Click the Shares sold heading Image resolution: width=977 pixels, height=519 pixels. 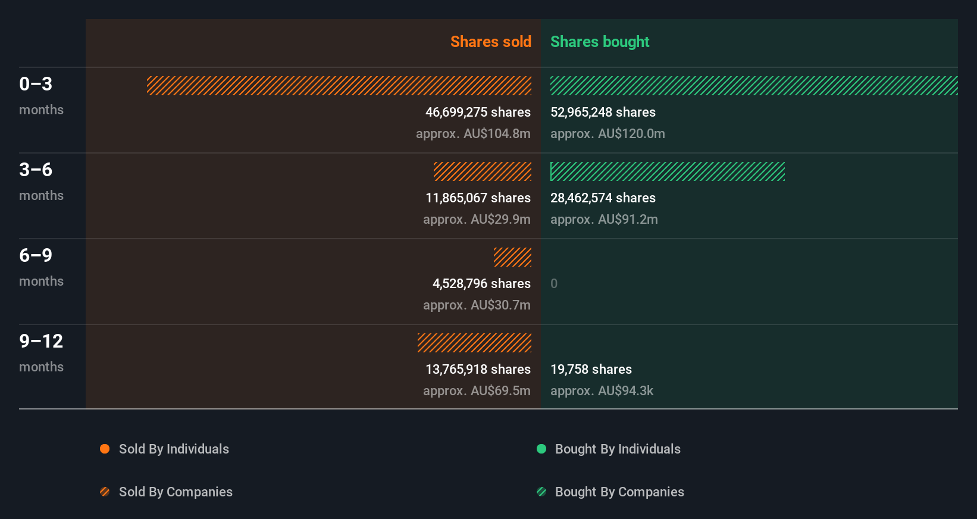[x=490, y=42]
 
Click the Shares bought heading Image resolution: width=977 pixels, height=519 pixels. [x=599, y=42]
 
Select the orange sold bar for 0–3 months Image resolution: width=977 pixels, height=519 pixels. [x=339, y=86]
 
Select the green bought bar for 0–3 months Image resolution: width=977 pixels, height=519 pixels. [x=753, y=86]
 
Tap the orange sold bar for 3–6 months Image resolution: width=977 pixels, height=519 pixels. [x=483, y=171]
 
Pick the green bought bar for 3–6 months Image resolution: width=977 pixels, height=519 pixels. [x=667, y=171]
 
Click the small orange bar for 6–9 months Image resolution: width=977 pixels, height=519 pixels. [x=512, y=257]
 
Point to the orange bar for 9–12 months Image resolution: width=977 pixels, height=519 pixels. [x=474, y=343]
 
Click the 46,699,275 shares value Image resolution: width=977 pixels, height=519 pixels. [x=478, y=112]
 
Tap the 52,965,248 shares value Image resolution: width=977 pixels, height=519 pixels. [x=603, y=112]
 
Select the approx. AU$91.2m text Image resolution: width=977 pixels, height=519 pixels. [x=604, y=219]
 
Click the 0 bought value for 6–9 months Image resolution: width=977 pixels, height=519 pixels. [x=554, y=283]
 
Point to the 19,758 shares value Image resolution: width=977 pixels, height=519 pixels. [x=591, y=369]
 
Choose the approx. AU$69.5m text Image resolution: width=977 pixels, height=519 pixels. [x=477, y=390]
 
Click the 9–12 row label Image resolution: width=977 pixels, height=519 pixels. [x=41, y=341]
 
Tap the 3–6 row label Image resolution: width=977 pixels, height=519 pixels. [x=36, y=170]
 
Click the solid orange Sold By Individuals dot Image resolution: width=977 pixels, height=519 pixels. [x=105, y=449]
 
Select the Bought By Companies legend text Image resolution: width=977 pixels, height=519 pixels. [x=619, y=492]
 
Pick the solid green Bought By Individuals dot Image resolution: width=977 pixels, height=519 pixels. [x=541, y=449]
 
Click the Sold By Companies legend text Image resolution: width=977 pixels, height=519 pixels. [x=176, y=492]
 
